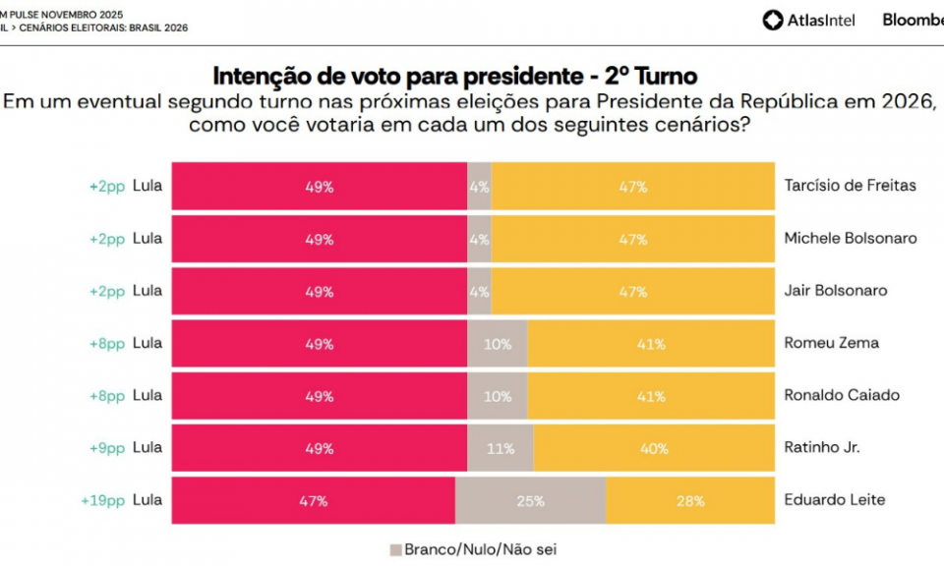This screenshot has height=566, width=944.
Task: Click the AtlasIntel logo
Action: [x=808, y=20]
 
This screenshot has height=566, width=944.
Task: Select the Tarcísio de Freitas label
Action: [x=851, y=186]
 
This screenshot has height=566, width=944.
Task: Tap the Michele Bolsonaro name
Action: [x=851, y=239]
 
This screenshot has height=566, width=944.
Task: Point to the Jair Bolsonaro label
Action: [x=836, y=291]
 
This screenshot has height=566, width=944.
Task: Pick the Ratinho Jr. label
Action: [x=822, y=447]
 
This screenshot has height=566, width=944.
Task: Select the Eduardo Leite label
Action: [x=835, y=499]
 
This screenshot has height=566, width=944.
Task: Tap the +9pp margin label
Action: [x=107, y=447]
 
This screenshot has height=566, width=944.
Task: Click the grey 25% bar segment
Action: [x=531, y=500]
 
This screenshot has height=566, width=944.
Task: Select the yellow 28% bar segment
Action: [x=690, y=500]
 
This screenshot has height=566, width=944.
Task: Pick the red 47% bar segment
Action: [x=314, y=500]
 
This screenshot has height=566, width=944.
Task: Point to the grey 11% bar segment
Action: [x=501, y=448]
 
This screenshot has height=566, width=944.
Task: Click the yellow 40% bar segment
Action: [x=654, y=448]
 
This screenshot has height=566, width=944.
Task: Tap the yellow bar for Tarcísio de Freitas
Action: [x=632, y=187]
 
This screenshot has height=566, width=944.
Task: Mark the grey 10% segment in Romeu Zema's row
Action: [x=498, y=344]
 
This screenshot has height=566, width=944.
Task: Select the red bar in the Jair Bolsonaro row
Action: [x=320, y=292]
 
